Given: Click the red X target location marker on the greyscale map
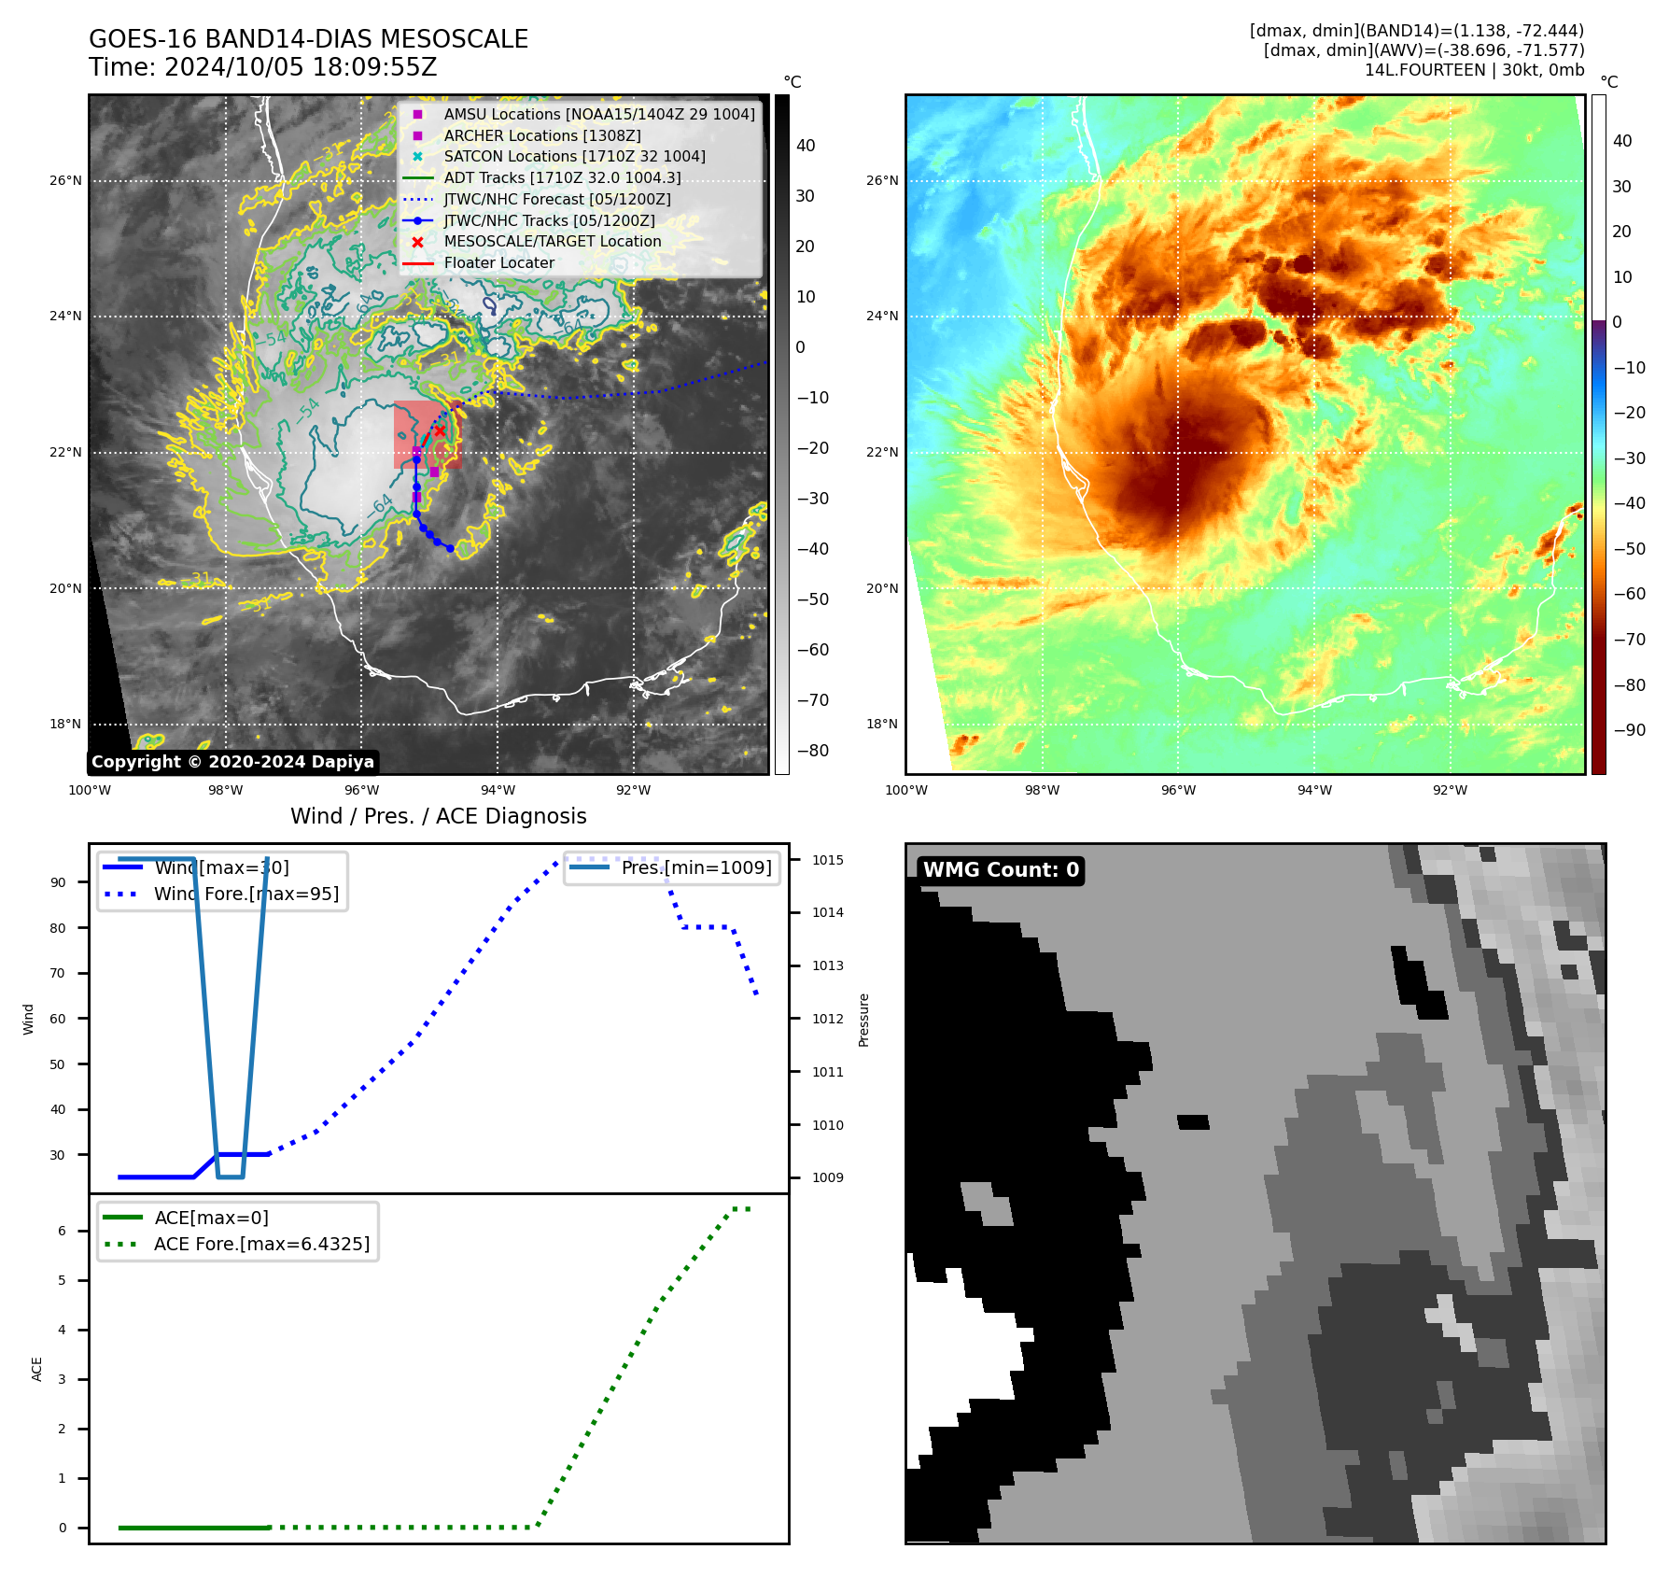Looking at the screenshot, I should point(440,430).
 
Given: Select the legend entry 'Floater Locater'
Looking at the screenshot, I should point(498,263).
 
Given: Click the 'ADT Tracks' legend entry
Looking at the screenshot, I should point(562,178).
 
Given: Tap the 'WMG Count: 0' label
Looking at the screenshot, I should point(1001,870).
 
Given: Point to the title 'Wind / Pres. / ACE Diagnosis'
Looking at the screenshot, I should point(439,816).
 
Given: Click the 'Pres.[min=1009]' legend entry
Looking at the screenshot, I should point(696,868).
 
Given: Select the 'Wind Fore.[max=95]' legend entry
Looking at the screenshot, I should point(245,895).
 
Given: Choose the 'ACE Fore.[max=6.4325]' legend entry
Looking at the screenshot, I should point(261,1245).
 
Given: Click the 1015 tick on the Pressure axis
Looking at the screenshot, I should point(827,860).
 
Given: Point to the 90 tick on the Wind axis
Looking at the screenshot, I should point(58,882).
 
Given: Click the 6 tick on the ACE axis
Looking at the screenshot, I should point(63,1231).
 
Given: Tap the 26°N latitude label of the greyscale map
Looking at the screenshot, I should point(65,181).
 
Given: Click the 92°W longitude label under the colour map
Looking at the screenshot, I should point(1450,790).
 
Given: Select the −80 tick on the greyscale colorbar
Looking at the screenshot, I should point(812,751).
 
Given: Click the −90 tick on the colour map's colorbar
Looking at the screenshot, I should point(1629,730).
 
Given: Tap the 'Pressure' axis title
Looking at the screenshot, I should point(863,1020).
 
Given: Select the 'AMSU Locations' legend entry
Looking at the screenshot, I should point(598,115).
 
